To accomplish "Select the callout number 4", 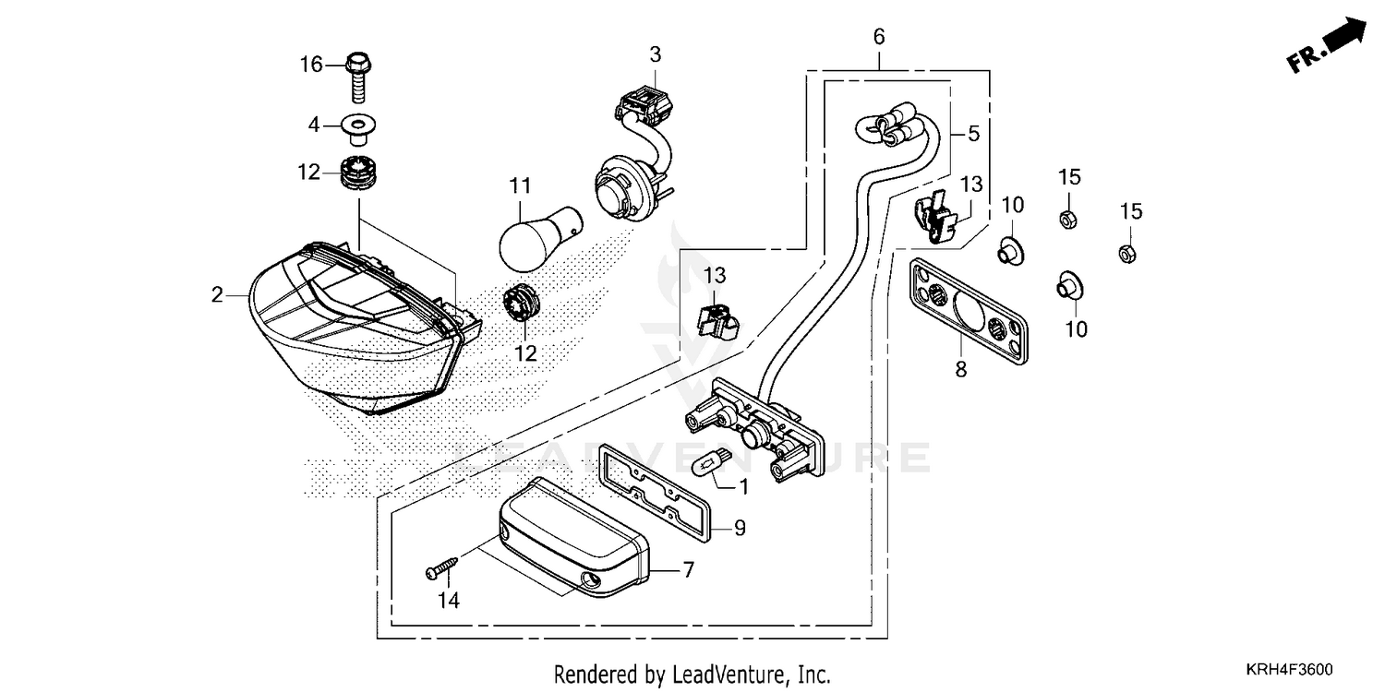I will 314,124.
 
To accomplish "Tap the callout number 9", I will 740,529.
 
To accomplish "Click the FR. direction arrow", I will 1330,46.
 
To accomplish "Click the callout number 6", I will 878,37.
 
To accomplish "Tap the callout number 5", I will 972,134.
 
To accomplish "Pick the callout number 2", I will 217,295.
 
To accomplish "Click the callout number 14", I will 449,601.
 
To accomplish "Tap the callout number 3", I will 655,54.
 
